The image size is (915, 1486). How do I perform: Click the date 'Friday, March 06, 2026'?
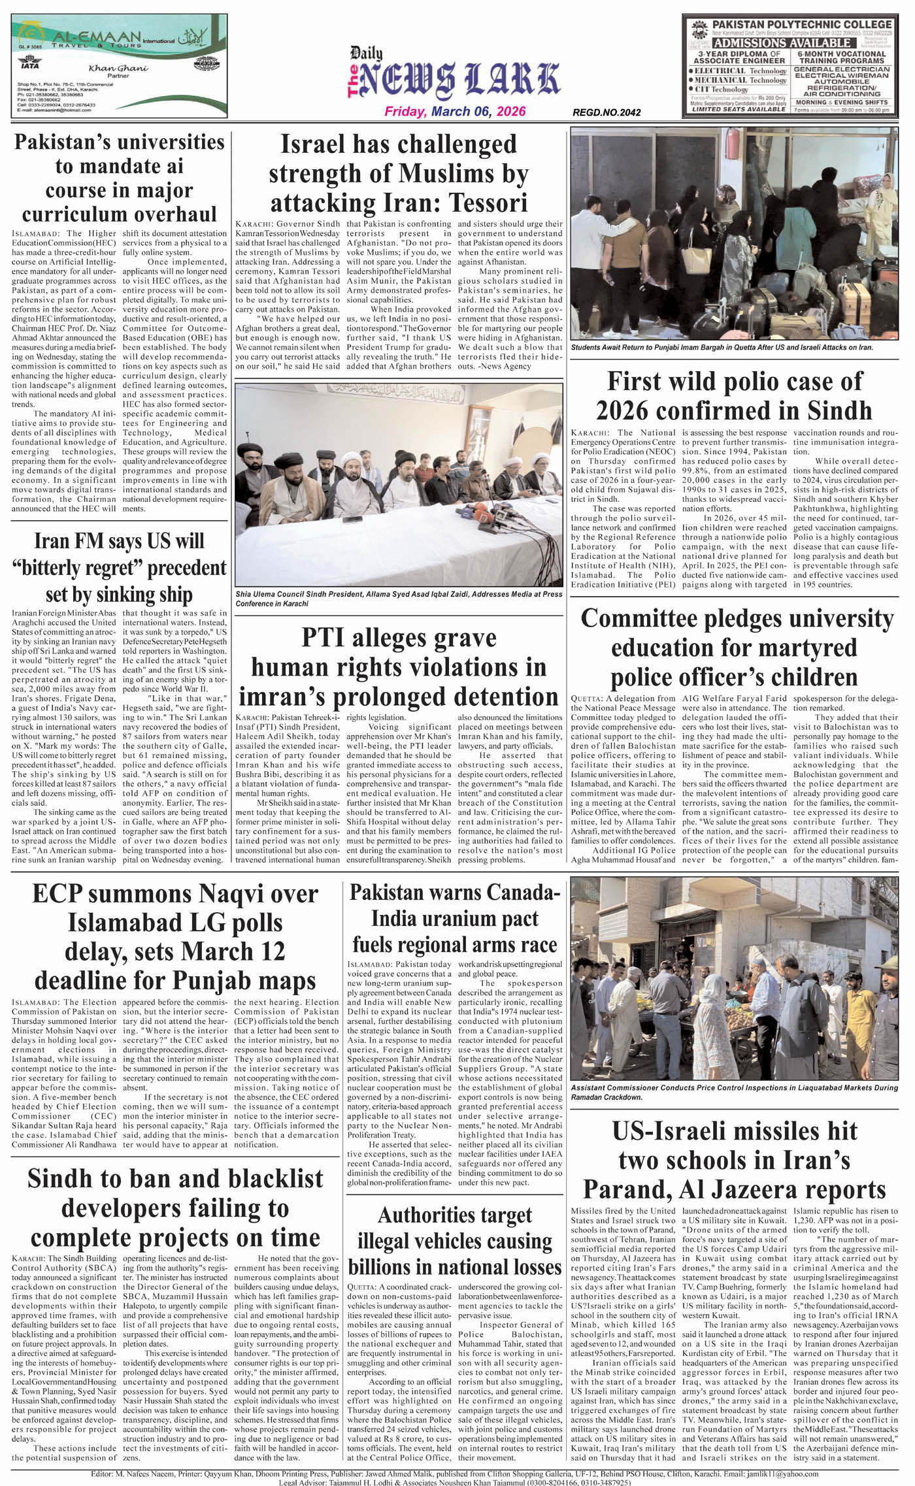(x=454, y=112)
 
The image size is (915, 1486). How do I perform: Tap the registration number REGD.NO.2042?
(x=606, y=113)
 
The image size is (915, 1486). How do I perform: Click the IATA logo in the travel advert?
(x=30, y=65)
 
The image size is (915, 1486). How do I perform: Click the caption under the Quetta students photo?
(x=722, y=348)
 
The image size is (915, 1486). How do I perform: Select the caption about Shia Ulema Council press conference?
(x=398, y=599)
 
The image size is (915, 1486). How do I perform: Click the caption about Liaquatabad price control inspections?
(x=734, y=1092)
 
